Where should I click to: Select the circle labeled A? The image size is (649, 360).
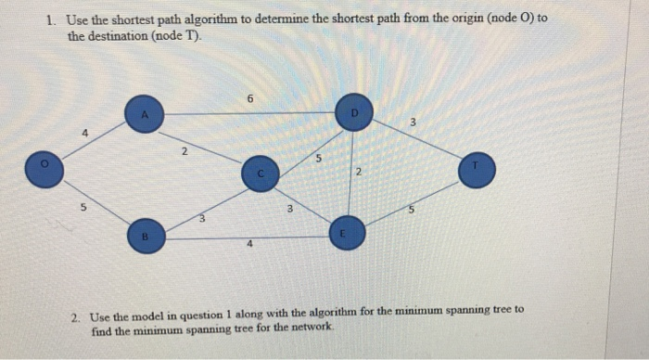tap(144, 113)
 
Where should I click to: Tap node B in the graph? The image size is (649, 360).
tap(144, 236)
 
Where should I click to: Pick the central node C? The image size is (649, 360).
tap(261, 174)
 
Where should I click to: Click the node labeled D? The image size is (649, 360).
tap(353, 112)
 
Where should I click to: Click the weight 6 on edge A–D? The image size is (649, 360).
tap(249, 96)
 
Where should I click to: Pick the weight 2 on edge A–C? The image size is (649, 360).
tap(185, 150)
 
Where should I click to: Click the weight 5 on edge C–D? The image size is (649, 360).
tap(318, 159)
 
